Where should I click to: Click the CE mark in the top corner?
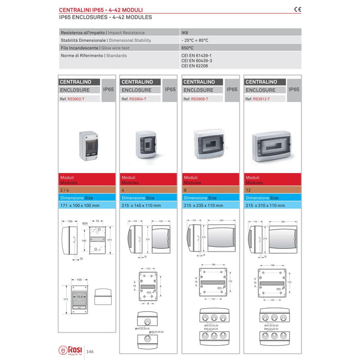(298, 9)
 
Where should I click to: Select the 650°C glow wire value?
(187, 47)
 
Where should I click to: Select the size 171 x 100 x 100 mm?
(80, 205)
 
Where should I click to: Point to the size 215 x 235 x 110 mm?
(203, 205)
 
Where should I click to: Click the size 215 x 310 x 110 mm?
(265, 205)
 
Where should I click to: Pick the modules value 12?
(247, 190)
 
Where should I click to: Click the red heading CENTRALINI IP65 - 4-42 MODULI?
(101, 9)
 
